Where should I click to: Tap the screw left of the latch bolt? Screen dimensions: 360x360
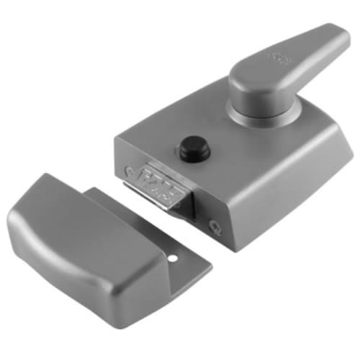tap(129, 171)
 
